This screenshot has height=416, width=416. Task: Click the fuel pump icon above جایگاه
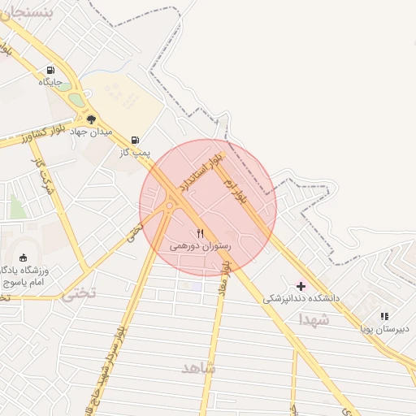coord(51,70)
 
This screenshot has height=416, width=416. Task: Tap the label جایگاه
coord(50,82)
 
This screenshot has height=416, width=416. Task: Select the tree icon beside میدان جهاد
coord(91,119)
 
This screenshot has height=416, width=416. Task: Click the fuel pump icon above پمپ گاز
coord(135,140)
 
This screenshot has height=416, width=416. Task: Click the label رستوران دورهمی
coord(201,245)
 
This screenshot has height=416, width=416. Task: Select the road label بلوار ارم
coord(235,192)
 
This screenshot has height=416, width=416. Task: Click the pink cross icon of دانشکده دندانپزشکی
coord(301,286)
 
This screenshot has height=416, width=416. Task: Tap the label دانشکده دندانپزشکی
coord(300,299)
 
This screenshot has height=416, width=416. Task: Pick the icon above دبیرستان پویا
coord(384,316)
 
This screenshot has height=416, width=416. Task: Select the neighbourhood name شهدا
coord(313,321)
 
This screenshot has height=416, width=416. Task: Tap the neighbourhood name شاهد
coord(200,368)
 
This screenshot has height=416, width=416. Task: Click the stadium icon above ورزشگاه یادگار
coord(22,258)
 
